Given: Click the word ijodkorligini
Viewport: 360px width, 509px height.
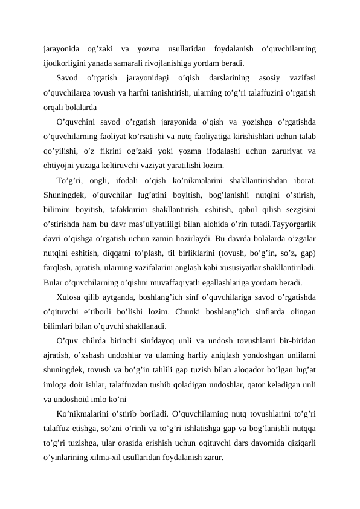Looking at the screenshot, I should point(65,62).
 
